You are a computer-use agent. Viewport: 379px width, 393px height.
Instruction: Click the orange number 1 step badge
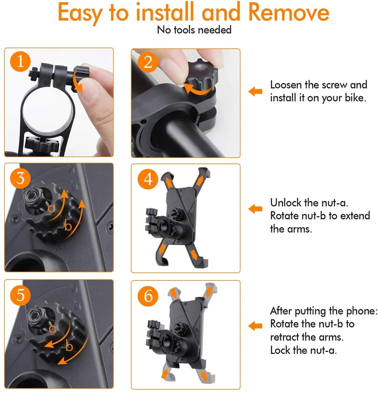coord(20,61)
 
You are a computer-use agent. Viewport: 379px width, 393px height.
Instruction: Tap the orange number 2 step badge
coord(148,62)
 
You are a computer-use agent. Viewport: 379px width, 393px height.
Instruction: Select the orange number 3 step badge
coord(20,178)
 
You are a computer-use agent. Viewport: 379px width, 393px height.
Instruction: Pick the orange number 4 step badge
coord(148,179)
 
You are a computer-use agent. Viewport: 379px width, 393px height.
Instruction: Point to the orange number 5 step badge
coord(20,295)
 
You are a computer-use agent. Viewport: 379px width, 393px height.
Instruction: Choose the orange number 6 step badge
coord(148,296)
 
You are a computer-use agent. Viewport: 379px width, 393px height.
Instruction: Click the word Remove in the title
coord(289,13)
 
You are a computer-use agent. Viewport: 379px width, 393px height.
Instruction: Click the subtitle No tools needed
coord(194,30)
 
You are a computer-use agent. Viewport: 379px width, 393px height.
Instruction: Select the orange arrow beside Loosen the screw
coord(255,91)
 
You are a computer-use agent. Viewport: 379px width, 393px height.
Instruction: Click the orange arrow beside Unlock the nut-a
coord(255,209)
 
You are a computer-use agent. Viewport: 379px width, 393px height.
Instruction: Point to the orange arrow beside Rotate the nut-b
coord(255,326)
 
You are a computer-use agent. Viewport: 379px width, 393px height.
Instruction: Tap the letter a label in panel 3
coord(51,208)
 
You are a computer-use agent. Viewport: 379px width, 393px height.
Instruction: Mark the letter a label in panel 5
coord(52,329)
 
